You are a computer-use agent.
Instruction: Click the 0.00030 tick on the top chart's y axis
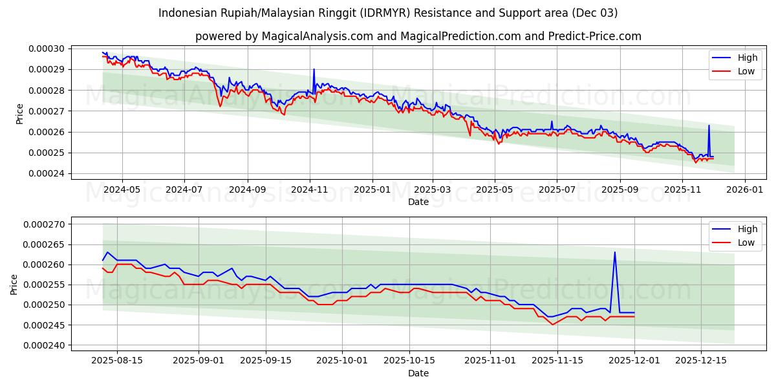[x=47, y=49]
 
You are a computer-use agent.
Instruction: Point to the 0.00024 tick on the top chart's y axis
[x=47, y=174]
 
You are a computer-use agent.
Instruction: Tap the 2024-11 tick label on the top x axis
[x=310, y=190]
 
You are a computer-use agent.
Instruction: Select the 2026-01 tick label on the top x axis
[x=745, y=190]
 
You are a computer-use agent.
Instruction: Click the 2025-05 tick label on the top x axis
[x=495, y=190]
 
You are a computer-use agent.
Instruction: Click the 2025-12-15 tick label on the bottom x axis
[x=701, y=361]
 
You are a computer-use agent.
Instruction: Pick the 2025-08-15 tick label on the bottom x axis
[x=117, y=361]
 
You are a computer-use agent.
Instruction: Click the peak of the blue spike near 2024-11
[x=314, y=69]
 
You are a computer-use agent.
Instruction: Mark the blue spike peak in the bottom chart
[x=614, y=252]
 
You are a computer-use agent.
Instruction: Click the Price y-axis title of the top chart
[x=19, y=113]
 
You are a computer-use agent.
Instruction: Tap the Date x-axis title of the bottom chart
[x=418, y=373]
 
